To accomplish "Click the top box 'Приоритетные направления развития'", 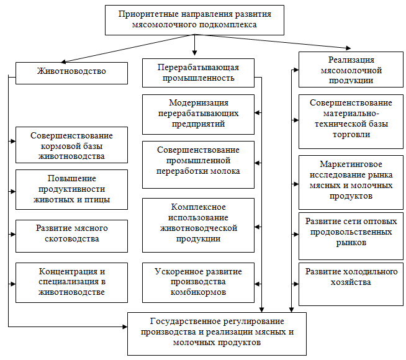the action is pyautogui.click(x=194, y=20).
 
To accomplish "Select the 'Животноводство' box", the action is pyautogui.click(x=71, y=73).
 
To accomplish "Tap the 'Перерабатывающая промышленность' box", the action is pyautogui.click(x=198, y=73).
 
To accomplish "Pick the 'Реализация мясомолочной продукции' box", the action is pyautogui.click(x=351, y=70).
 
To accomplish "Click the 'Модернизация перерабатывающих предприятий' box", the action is pyautogui.click(x=198, y=114).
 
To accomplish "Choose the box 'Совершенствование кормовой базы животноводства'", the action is pyautogui.click(x=71, y=145).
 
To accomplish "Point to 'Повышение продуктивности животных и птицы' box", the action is pyautogui.click(x=71, y=189).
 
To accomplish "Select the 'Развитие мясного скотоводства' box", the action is pyautogui.click(x=71, y=236).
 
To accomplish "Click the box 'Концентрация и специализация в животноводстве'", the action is pyautogui.click(x=71, y=282).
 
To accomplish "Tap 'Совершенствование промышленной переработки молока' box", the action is pyautogui.click(x=198, y=164).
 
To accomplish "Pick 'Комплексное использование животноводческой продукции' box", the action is pyautogui.click(x=198, y=225).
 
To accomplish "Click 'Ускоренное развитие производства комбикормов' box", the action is pyautogui.click(x=198, y=282).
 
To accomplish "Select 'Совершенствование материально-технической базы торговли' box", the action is pyautogui.click(x=351, y=122).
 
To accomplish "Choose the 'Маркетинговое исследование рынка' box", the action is pyautogui.click(x=351, y=182).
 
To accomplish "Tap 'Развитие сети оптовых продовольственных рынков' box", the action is pyautogui.click(x=351, y=236).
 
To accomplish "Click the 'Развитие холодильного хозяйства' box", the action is pyautogui.click(x=351, y=284).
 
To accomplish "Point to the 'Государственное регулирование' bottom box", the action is pyautogui.click(x=217, y=334).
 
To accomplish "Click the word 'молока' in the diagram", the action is pyautogui.click(x=226, y=171).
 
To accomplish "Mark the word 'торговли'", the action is pyautogui.click(x=351, y=135).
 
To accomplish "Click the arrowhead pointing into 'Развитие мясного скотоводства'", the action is pyautogui.click(x=13, y=234).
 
